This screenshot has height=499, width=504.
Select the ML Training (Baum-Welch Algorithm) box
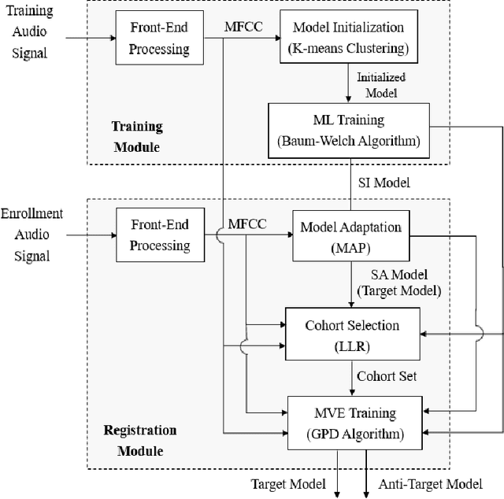point(350,130)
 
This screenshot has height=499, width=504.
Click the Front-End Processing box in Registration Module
point(160,235)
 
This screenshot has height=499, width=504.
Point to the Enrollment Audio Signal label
point(31,235)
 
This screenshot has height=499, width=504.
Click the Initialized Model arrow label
point(380,84)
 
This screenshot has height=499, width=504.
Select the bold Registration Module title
point(140,441)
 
